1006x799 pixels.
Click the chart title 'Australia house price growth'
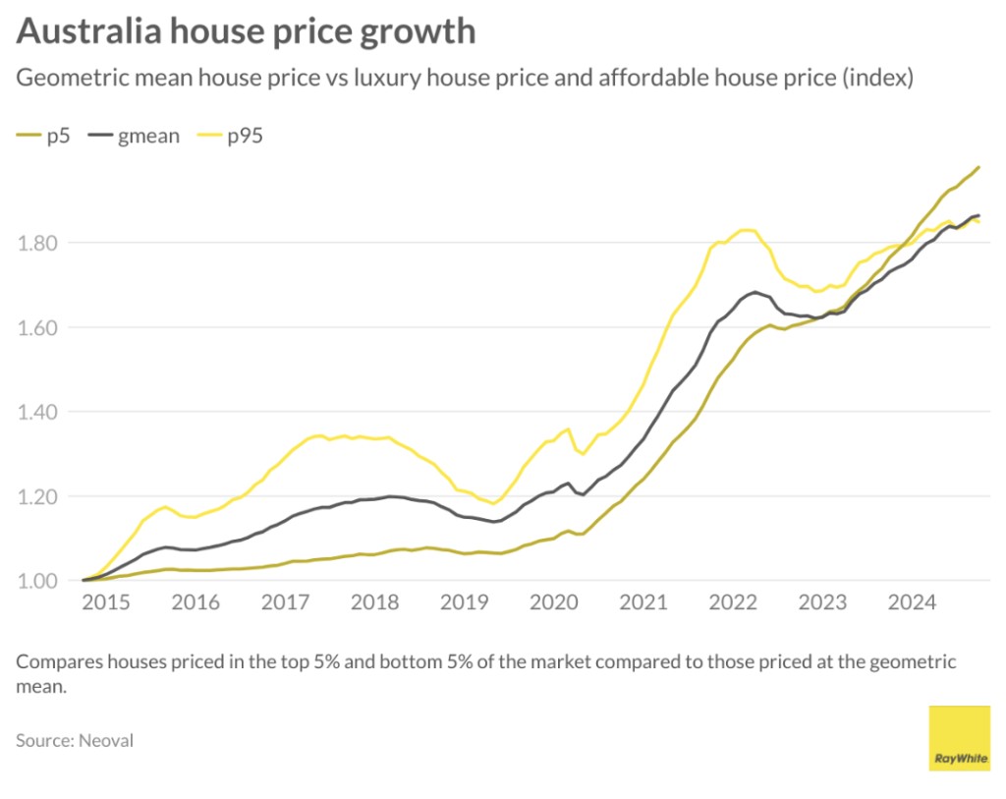(246, 31)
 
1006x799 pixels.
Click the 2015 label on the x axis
(106, 602)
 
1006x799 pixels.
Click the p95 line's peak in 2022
(747, 230)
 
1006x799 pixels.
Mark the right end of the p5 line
(978, 167)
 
